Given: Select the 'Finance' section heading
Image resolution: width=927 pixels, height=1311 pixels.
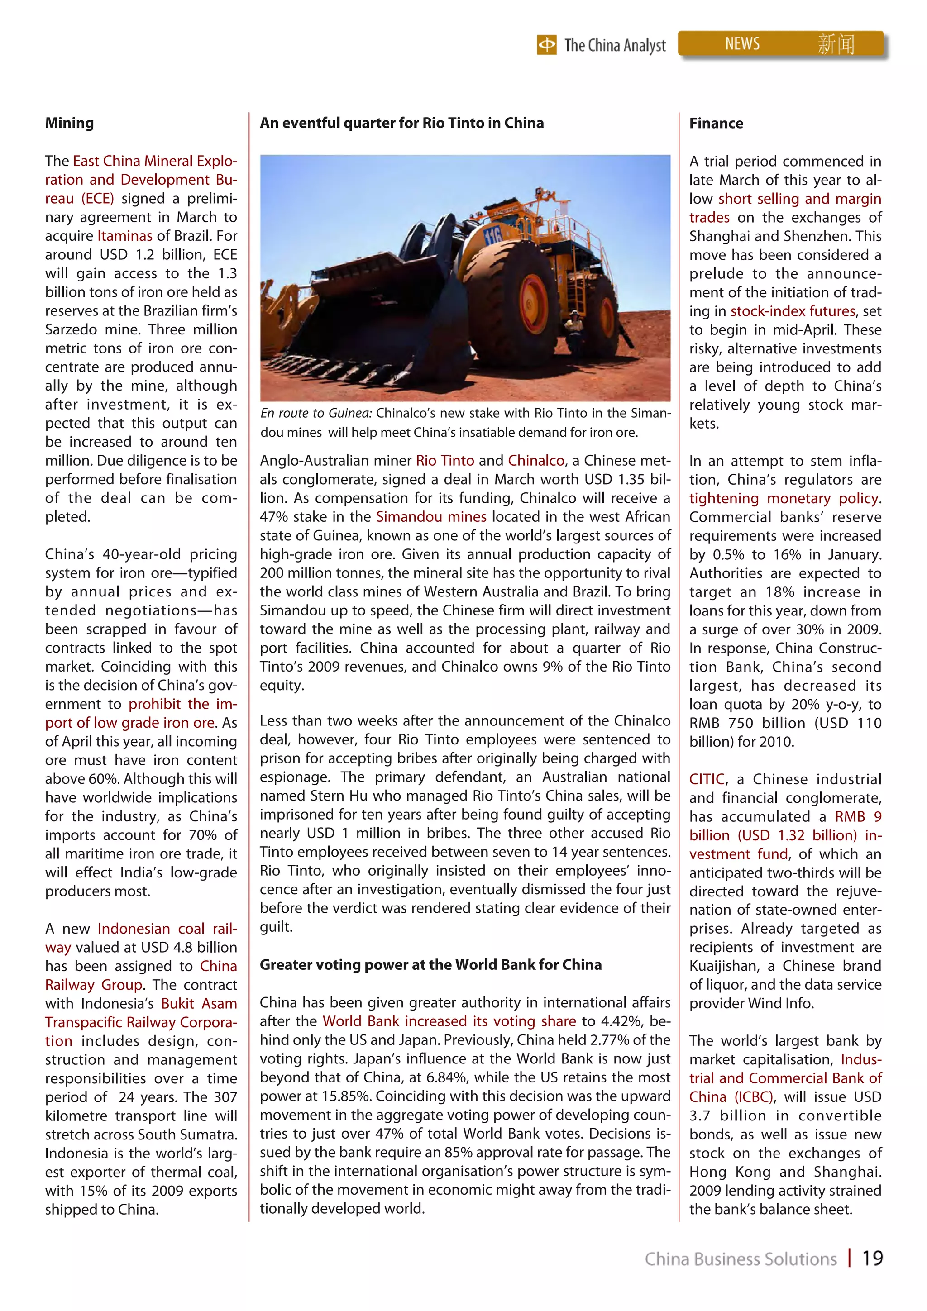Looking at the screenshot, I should [716, 124].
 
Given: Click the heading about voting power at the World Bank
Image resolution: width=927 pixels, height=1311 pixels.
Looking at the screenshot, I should [430, 964].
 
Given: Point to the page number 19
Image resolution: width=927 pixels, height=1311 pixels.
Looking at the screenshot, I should [872, 1259].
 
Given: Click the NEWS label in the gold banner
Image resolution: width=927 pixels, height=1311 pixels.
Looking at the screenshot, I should [742, 44].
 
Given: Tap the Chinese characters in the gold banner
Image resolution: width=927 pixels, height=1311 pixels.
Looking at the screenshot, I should [836, 44].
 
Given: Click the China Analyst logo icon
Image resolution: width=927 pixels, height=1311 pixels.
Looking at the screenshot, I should [547, 44].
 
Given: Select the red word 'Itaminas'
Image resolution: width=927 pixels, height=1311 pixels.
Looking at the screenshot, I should [124, 236].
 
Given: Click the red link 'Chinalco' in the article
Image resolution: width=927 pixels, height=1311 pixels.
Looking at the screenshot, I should [536, 461].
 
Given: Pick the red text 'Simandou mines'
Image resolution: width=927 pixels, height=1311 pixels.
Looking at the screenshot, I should [431, 517].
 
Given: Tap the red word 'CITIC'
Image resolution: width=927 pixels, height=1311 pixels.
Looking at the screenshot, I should [707, 779].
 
